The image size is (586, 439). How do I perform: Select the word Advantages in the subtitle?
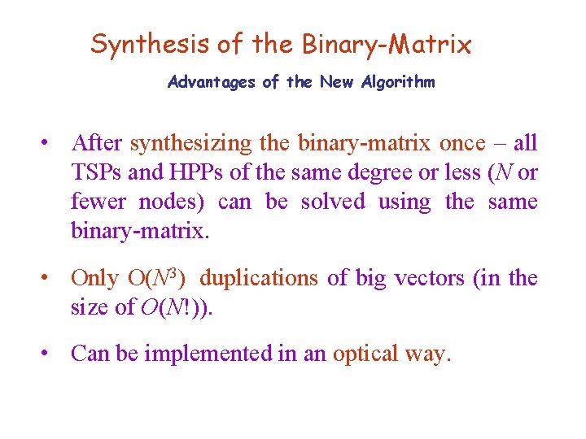[x=213, y=82]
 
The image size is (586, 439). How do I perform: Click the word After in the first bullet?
[x=97, y=143]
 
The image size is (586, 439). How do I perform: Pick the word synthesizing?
[x=191, y=144]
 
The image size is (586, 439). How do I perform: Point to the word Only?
[x=94, y=278]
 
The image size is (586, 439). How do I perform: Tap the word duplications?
[x=259, y=278]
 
